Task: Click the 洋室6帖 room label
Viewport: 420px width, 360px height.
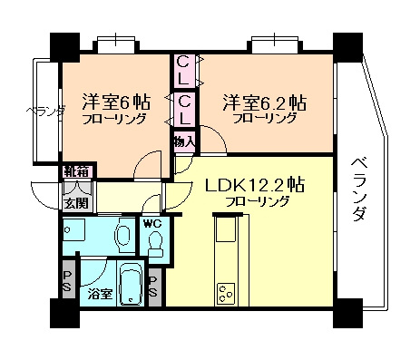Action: coord(116,102)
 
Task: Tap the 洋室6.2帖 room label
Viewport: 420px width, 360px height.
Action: coord(264,102)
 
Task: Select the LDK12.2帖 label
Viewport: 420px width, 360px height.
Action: coord(255,184)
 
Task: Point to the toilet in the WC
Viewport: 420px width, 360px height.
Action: coord(156,244)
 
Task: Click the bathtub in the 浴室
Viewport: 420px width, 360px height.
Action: coord(131,283)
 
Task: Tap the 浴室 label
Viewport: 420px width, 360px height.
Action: coord(101,294)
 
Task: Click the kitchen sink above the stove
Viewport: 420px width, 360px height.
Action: coord(226,229)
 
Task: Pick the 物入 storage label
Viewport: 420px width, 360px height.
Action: coord(184,141)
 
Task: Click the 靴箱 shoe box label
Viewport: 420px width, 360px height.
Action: coord(76,171)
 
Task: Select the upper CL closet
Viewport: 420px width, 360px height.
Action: coord(183,71)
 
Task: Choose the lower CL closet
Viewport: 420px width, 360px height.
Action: coord(184,110)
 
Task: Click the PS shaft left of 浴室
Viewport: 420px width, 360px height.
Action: coord(67,280)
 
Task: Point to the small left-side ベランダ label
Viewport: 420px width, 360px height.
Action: coord(45,112)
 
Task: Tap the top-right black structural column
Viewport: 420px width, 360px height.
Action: coord(347,47)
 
